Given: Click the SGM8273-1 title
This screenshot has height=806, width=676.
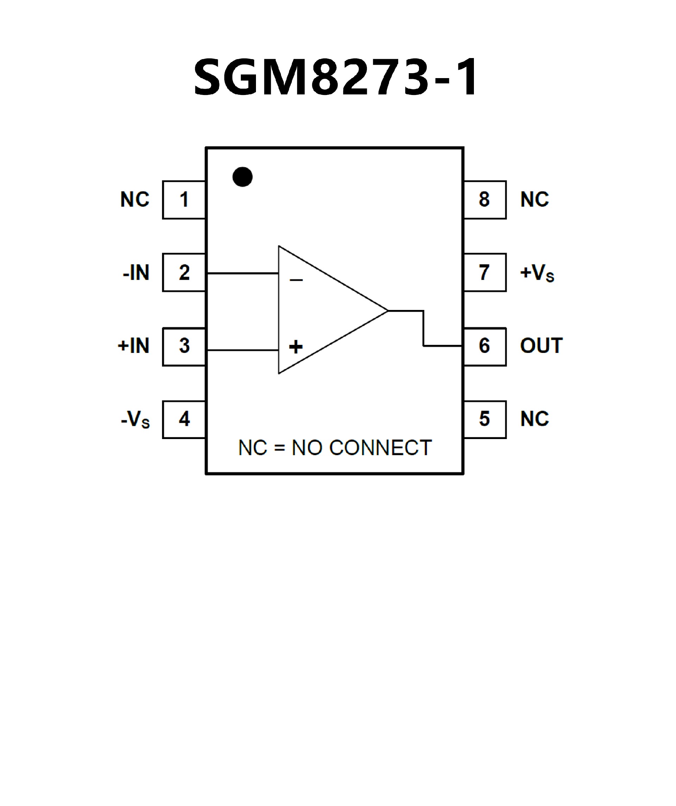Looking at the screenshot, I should pos(336,77).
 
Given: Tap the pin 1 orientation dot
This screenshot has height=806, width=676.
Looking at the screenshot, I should pos(242,177).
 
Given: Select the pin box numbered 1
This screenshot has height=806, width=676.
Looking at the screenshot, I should pos(184,199).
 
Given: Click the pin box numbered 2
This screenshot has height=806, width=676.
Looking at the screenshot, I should pos(184,273).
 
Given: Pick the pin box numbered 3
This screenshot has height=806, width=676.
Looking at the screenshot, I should pos(184,346).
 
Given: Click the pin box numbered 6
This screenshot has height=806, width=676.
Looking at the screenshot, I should pos(485,346).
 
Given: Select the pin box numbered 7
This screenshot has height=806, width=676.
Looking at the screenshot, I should pos(485,273).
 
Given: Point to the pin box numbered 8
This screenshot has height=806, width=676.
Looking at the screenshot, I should pos(485,199).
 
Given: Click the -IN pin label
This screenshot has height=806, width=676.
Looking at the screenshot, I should pos(136,273).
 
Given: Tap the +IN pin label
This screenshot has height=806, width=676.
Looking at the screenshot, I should pos(134,346).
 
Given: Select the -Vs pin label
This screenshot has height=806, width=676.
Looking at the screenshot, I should pos(135,419).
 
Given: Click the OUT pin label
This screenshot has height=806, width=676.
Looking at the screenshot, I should pos(541,346).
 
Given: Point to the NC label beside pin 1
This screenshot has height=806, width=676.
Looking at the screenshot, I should pos(135,199).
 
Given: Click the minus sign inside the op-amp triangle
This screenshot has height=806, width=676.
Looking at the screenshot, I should pos(296,280).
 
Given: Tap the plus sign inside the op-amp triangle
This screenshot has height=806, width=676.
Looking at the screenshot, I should pos(296,347).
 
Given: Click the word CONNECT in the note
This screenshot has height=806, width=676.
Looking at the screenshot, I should pos(380,448).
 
